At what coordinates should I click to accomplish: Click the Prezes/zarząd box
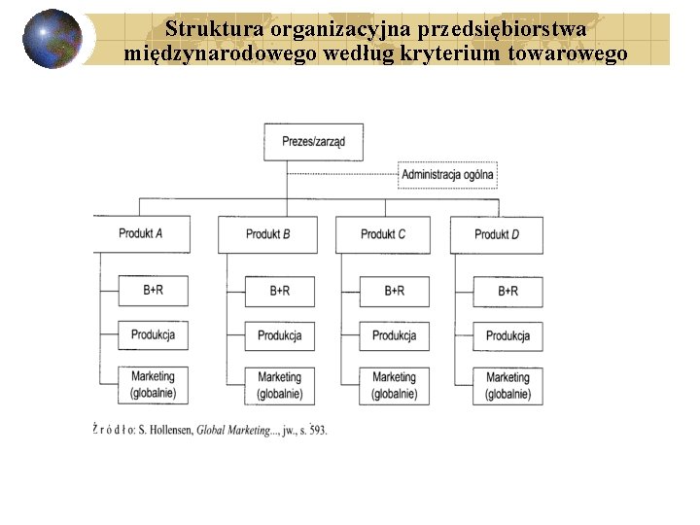click(313, 142)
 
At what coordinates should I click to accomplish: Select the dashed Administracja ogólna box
click(447, 175)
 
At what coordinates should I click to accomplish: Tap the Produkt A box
click(140, 234)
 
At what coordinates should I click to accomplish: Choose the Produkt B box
click(267, 234)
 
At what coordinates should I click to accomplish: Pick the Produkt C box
click(382, 234)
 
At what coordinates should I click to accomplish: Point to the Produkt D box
click(496, 234)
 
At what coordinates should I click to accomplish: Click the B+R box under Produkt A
click(153, 290)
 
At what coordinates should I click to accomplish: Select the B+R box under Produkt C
click(394, 291)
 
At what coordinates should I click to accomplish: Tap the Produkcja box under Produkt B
click(279, 335)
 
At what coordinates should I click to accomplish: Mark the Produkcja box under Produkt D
click(507, 335)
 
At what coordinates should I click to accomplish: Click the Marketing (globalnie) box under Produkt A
click(153, 385)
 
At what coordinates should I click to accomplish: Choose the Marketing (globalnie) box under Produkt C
click(394, 385)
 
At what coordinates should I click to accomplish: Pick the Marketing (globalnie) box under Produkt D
click(507, 385)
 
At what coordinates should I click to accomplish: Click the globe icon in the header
click(52, 39)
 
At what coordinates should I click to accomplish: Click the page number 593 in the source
click(317, 429)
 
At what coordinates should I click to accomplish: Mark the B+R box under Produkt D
click(507, 291)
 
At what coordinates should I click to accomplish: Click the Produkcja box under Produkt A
click(153, 335)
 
